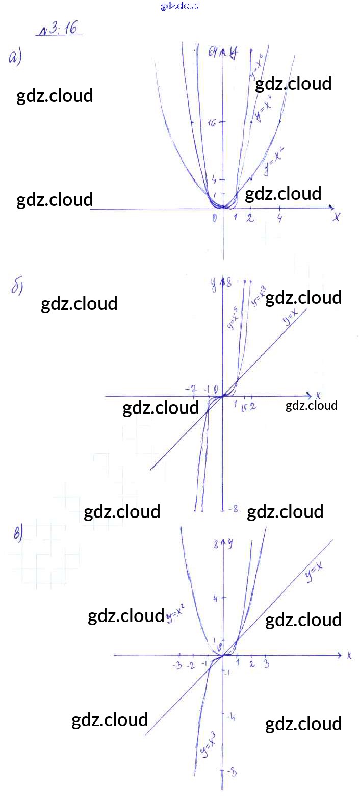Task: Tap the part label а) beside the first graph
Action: [x=15, y=58]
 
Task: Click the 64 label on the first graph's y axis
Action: [x=213, y=51]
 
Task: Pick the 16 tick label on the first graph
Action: [x=212, y=123]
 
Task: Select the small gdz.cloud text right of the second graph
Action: [x=311, y=406]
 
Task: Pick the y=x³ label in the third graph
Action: [x=208, y=745]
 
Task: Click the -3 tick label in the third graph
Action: [x=177, y=665]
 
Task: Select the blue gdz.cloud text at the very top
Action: [x=180, y=6]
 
